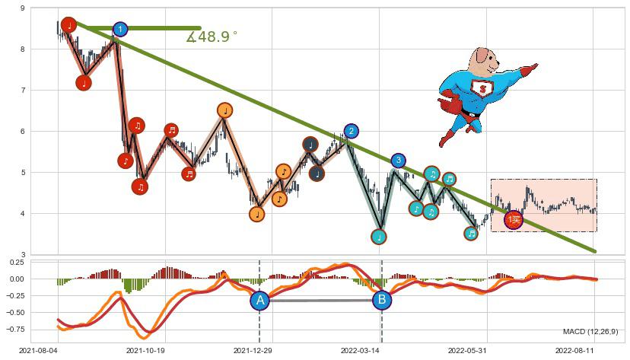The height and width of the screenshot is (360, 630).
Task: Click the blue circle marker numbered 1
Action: tap(120, 30)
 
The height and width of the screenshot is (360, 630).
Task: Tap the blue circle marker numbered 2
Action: tap(351, 131)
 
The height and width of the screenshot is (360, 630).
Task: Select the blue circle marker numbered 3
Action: tap(398, 161)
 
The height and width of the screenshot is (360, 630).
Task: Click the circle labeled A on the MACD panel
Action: tap(260, 301)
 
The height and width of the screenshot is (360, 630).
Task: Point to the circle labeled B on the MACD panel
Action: tap(382, 301)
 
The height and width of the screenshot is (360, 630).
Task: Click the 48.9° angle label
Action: tap(212, 37)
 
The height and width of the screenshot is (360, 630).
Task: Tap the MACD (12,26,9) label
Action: tap(590, 332)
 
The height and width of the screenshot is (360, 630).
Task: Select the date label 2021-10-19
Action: tap(145, 350)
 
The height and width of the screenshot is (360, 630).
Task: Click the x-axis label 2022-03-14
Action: tap(362, 350)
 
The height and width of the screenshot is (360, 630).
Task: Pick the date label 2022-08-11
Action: tap(578, 350)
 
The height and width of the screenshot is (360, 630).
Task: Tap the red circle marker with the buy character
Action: tap(514, 220)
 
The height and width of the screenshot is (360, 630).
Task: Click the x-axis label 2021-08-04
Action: tap(38, 350)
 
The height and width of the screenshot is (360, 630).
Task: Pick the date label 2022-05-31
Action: tap(470, 350)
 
